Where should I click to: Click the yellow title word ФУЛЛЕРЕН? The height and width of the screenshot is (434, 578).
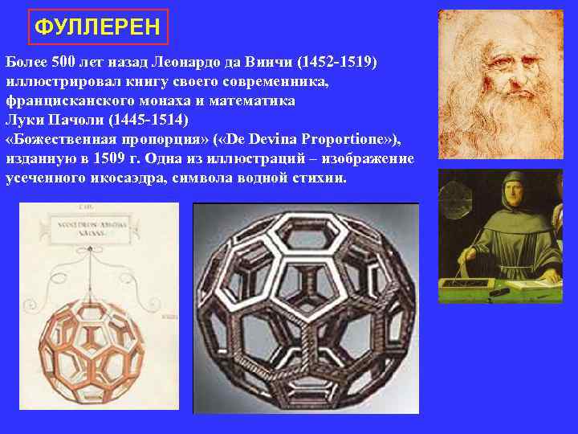97,29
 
